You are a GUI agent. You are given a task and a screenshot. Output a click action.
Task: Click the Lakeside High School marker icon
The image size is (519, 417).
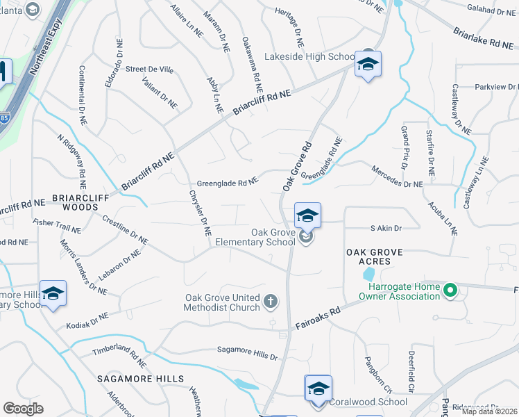tap(368, 65)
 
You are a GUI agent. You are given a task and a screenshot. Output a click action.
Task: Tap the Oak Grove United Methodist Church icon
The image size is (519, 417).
tap(271, 302)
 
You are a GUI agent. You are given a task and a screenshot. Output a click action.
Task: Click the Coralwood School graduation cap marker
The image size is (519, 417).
tap(318, 388)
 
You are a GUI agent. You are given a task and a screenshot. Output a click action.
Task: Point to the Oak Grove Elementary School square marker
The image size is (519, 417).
tap(307, 216)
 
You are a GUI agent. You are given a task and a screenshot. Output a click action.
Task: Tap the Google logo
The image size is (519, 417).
tap(23, 409)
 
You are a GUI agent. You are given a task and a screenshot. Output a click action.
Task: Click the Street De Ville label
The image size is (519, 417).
tap(149, 69)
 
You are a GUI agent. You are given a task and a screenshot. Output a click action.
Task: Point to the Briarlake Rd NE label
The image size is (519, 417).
tap(486, 38)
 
